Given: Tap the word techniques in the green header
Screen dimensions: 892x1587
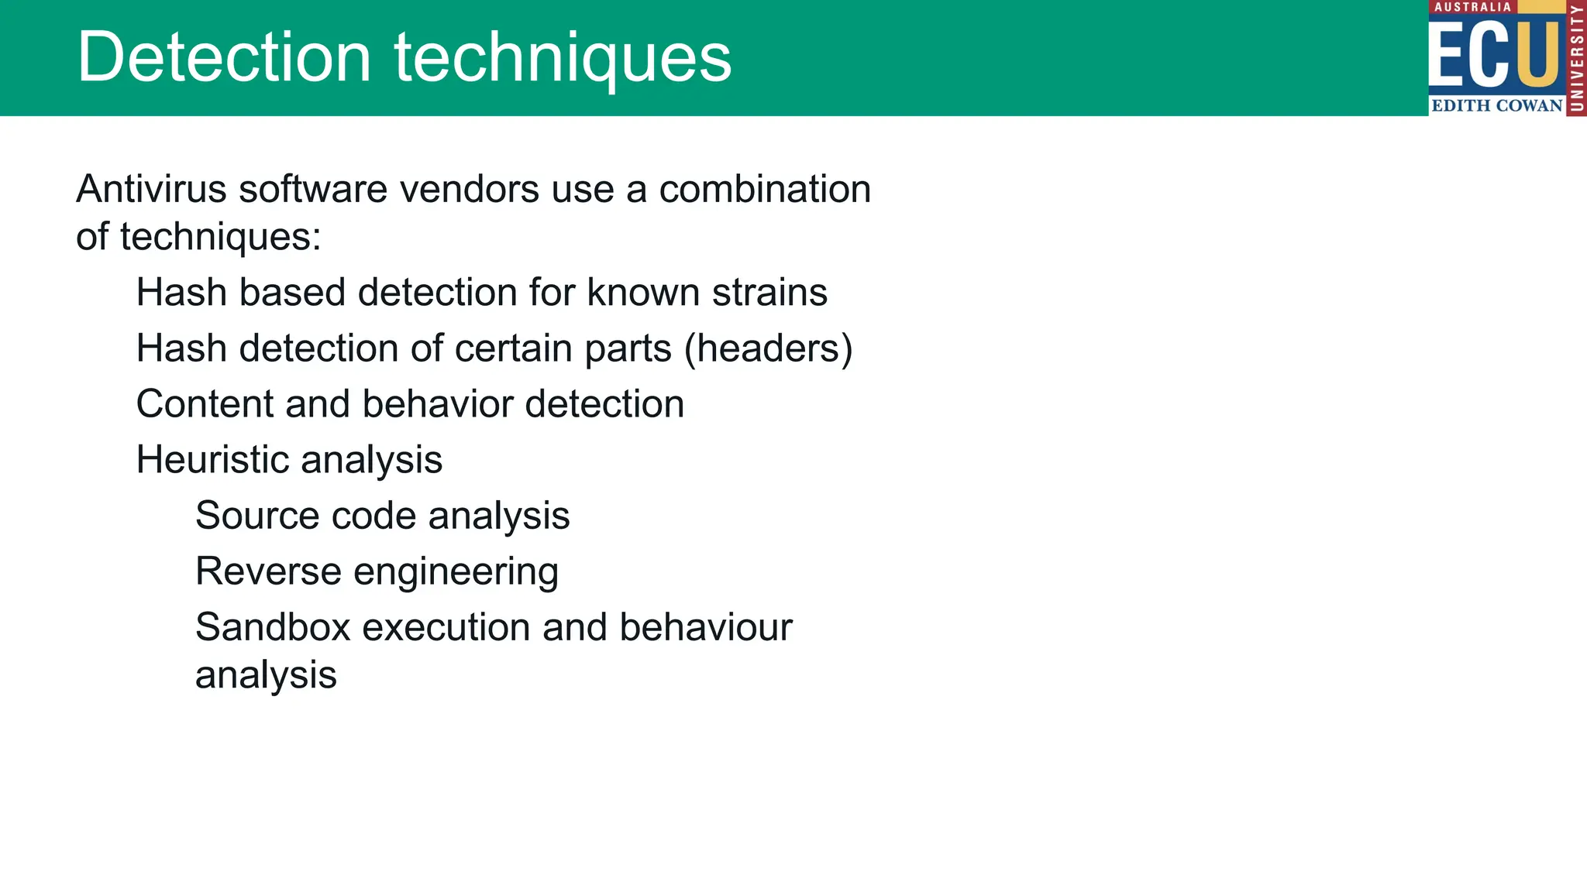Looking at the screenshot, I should pyautogui.click(x=563, y=57).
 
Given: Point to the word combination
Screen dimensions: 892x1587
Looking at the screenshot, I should pyautogui.click(x=765, y=189).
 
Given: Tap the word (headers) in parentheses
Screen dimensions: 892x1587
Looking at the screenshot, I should pyautogui.click(x=768, y=348).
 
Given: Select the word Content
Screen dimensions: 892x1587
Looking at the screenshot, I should pyautogui.click(x=205, y=404).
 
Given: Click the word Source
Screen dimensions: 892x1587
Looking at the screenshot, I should pyautogui.click(x=256, y=516).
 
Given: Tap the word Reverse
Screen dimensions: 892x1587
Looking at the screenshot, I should pyautogui.click(x=267, y=571).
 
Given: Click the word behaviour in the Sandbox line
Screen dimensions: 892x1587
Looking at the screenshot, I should pyautogui.click(x=705, y=627).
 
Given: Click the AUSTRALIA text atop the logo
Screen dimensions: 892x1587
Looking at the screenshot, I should pyautogui.click(x=1472, y=7).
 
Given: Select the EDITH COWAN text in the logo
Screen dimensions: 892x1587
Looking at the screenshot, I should pyautogui.click(x=1496, y=105).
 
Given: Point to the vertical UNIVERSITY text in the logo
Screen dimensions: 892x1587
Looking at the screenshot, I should pyautogui.click(x=1576, y=58).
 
